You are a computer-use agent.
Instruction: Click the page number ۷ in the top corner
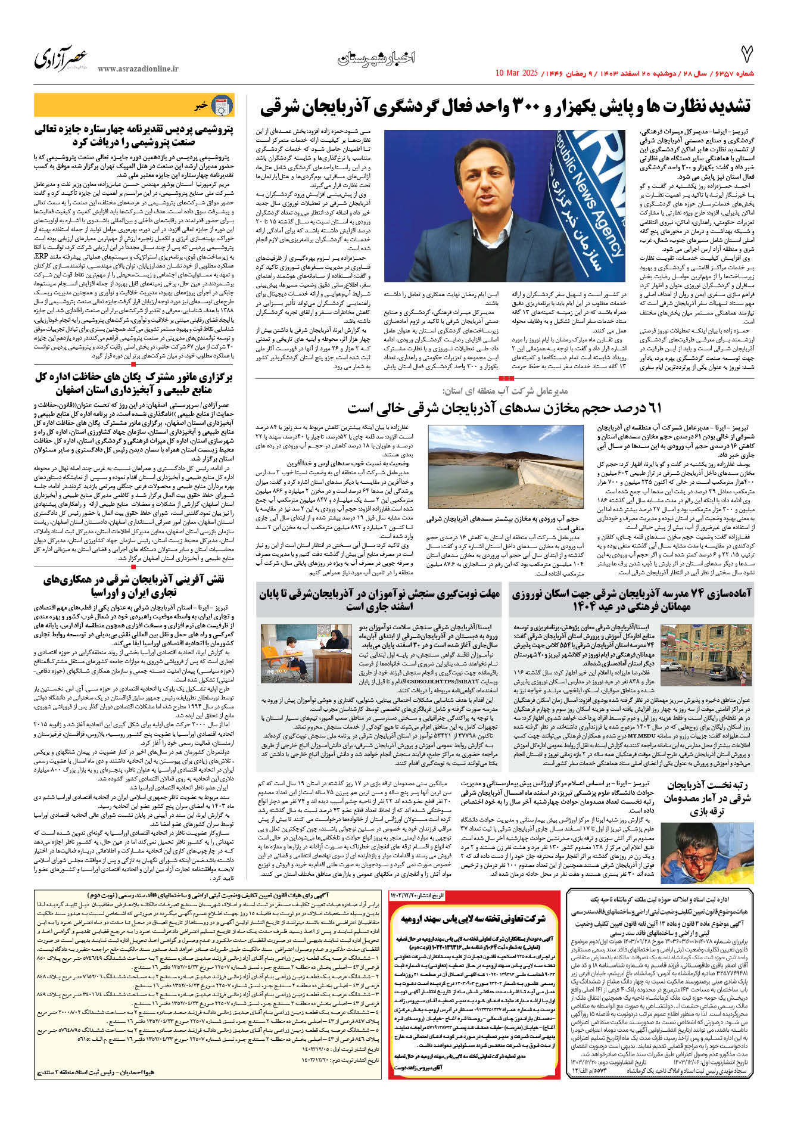coord(746,54)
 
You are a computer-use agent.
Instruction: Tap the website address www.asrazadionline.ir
coord(138,69)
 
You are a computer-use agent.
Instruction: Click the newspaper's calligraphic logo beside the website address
coord(61,58)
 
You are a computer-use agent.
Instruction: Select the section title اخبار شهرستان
coord(376,58)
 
